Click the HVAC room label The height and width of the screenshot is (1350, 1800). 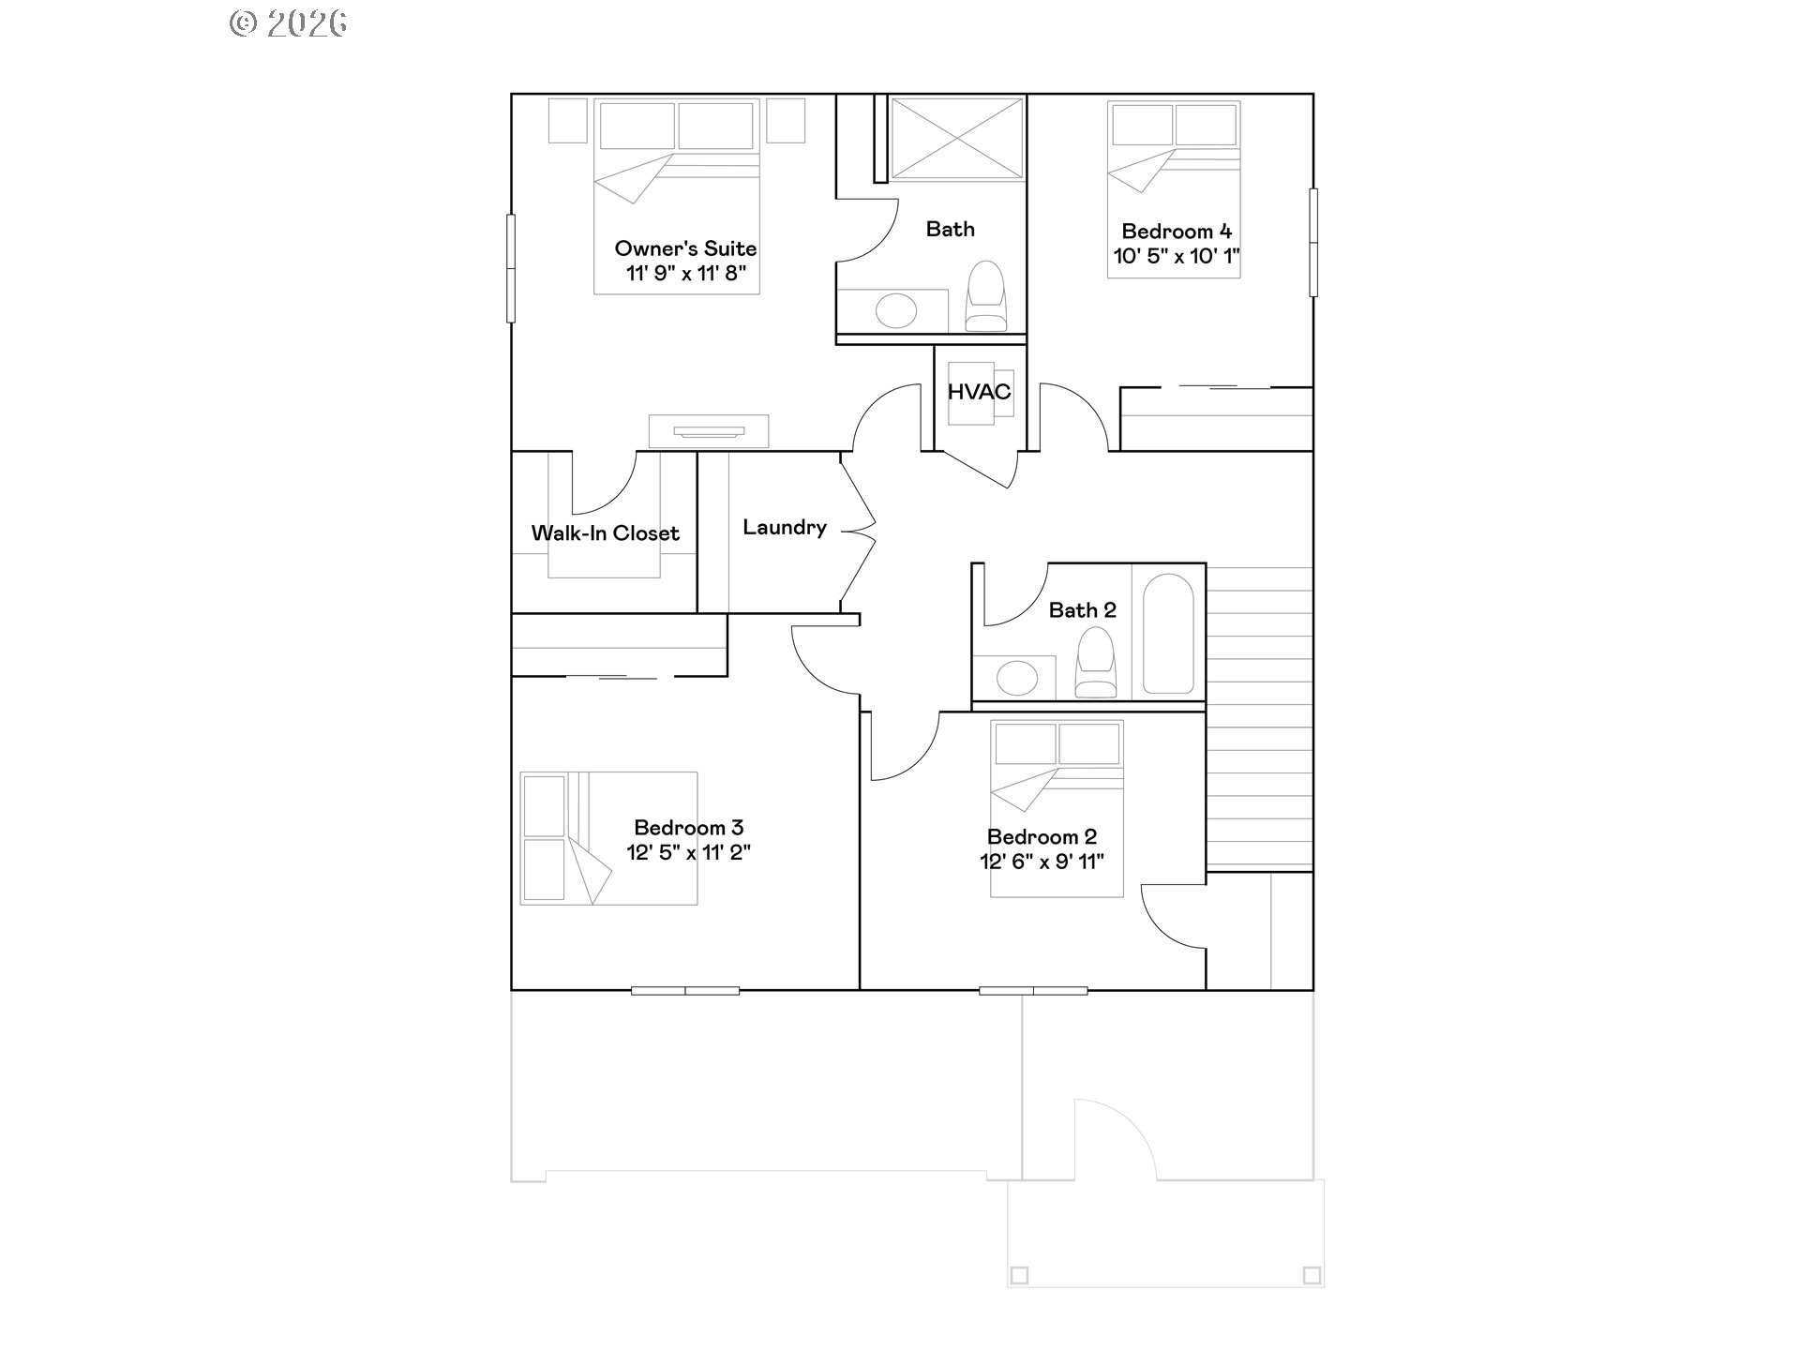[979, 392]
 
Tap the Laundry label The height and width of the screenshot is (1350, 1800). [785, 528]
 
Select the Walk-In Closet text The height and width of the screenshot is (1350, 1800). [605, 533]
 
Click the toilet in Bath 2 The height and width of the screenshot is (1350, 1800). [1095, 663]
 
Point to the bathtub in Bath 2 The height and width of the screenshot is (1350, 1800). [1168, 634]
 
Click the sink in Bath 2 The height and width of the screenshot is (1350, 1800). [1017, 677]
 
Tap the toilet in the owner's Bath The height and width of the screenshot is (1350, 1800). [985, 295]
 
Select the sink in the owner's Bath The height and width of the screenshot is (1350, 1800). [896, 310]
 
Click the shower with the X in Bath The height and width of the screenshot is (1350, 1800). [956, 139]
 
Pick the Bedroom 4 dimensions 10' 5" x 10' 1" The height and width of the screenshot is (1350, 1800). [1177, 256]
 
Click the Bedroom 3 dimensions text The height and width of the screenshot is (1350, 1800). [688, 852]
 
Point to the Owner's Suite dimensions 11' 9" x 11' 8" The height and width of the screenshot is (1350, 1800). [686, 273]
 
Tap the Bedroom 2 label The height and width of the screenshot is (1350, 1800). [1042, 836]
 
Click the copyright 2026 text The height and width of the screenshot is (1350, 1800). [288, 23]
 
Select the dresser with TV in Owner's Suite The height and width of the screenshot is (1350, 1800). [709, 431]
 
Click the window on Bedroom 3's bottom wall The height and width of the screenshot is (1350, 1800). [685, 990]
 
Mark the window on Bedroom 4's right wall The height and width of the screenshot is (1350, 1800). [1312, 243]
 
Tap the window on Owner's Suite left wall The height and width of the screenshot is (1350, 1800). [511, 269]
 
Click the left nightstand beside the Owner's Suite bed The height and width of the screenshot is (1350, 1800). [567, 121]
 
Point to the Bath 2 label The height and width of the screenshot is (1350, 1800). [1082, 610]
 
